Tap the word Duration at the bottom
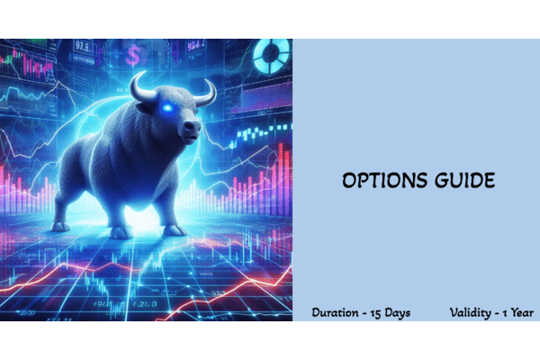click(x=337, y=312)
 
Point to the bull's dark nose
click(x=191, y=131)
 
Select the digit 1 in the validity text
click(x=508, y=312)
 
